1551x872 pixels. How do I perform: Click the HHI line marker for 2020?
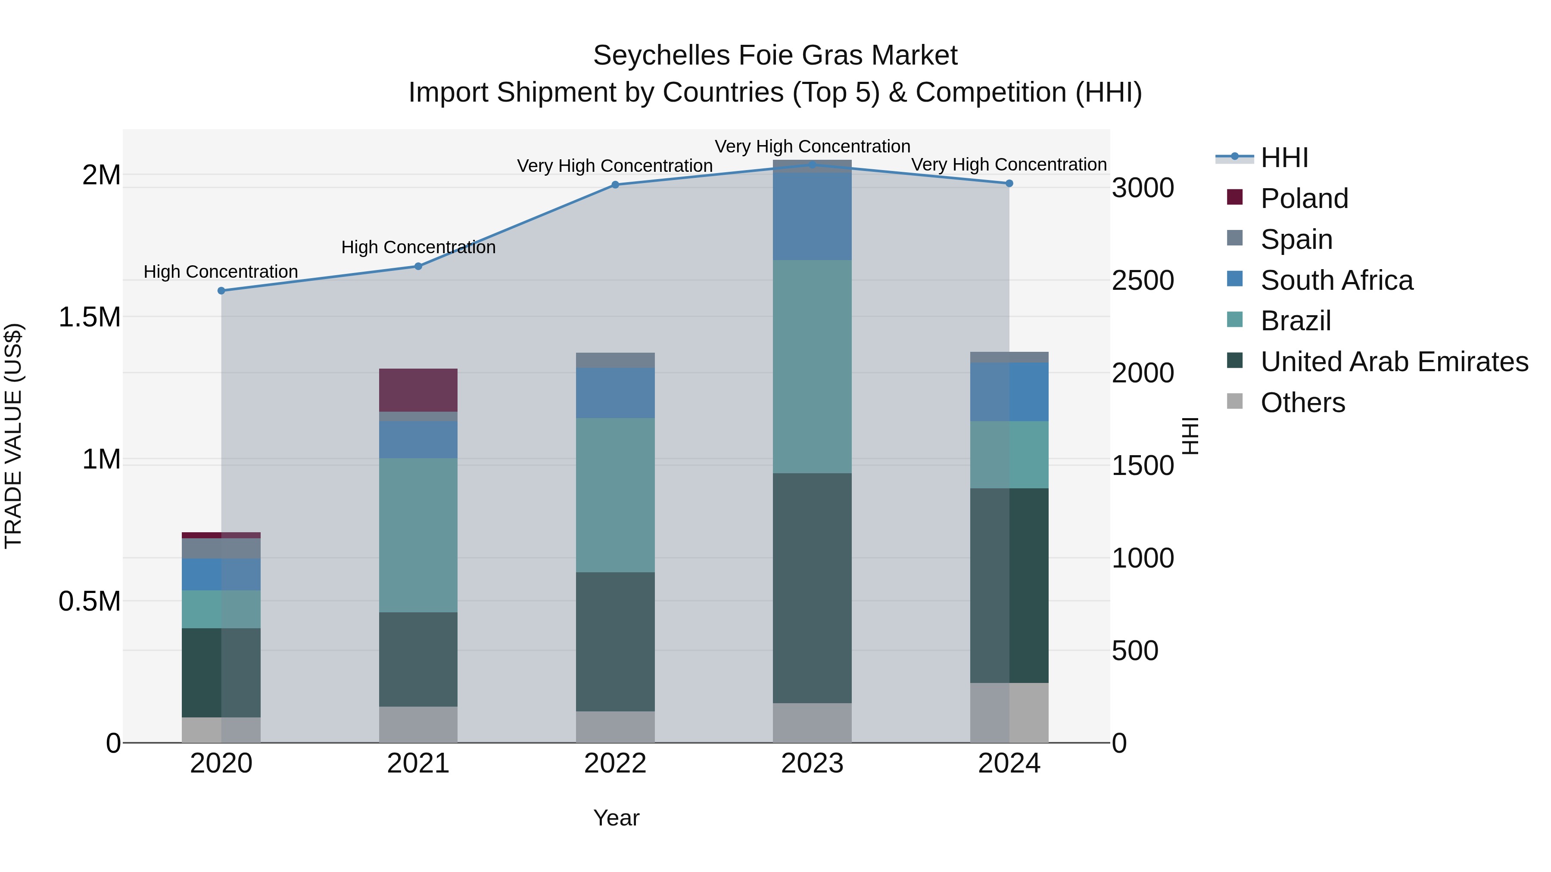tap(221, 291)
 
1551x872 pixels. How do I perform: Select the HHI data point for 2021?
tap(418, 266)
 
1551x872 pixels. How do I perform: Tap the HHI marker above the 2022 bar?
tap(615, 185)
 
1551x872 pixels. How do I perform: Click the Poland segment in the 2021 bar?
tap(418, 390)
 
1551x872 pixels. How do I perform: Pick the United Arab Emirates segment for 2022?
tap(615, 642)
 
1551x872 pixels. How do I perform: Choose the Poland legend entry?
tap(1304, 199)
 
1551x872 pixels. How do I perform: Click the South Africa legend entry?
tap(1336, 280)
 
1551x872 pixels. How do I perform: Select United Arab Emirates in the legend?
tap(1394, 362)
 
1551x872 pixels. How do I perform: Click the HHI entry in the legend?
tap(1284, 158)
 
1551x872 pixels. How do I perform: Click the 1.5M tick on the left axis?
tap(90, 317)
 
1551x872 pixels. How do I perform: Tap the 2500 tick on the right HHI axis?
tap(1142, 280)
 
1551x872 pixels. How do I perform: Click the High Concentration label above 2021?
tap(418, 247)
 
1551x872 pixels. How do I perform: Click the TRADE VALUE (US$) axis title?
tap(13, 436)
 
